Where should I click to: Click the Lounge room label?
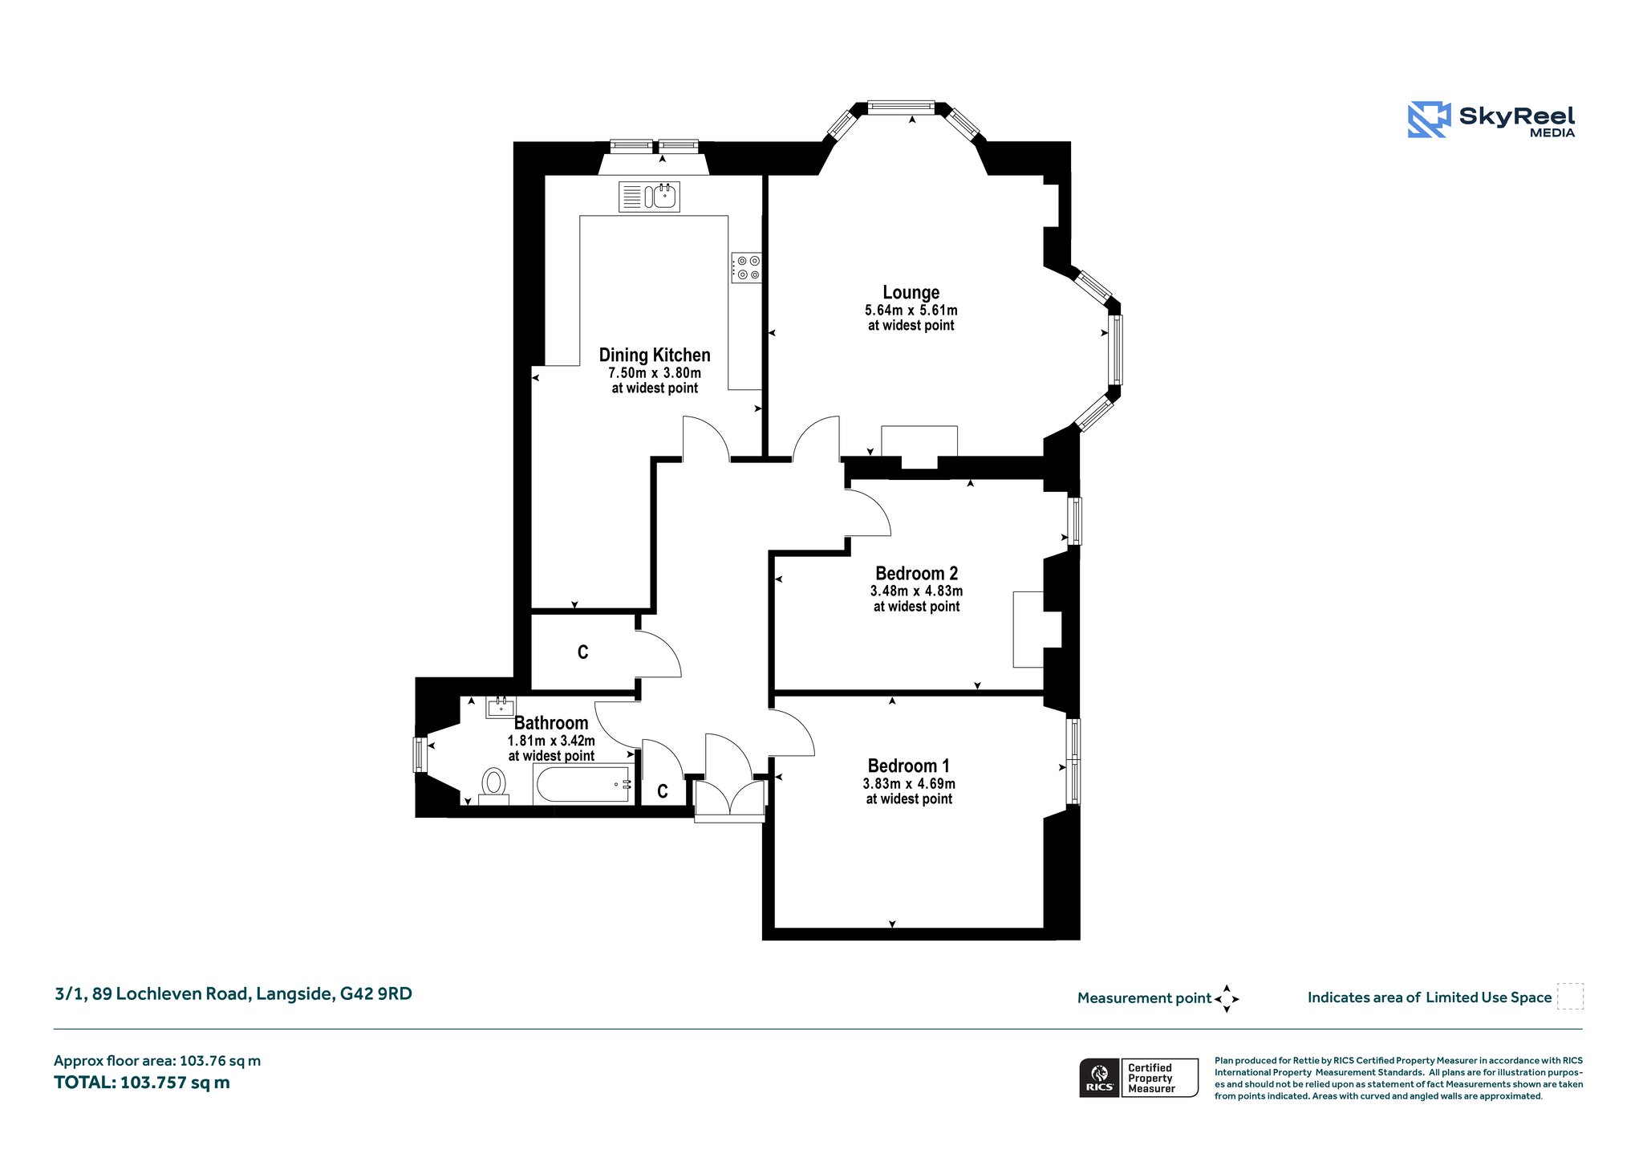coord(911,293)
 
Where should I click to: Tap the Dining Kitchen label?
coord(655,356)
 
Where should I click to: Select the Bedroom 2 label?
coord(916,574)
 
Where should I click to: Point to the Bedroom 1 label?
coord(908,766)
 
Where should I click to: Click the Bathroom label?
coord(551,723)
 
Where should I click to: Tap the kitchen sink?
coord(649,197)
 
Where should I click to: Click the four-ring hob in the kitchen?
coord(746,267)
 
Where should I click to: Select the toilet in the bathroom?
coord(493,786)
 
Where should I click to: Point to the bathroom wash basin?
coord(501,707)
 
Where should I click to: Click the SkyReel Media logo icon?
coord(1429,120)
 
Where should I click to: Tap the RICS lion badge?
coord(1100,1077)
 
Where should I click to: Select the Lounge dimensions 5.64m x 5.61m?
coord(911,311)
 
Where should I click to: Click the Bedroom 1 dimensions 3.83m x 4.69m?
coord(909,784)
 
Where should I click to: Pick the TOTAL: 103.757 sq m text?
coord(142,1083)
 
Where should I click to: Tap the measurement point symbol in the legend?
coord(1227,999)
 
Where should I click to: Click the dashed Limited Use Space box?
coord(1570,997)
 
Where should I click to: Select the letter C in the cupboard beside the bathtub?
coord(663,792)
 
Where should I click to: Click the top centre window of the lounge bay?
coord(901,108)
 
